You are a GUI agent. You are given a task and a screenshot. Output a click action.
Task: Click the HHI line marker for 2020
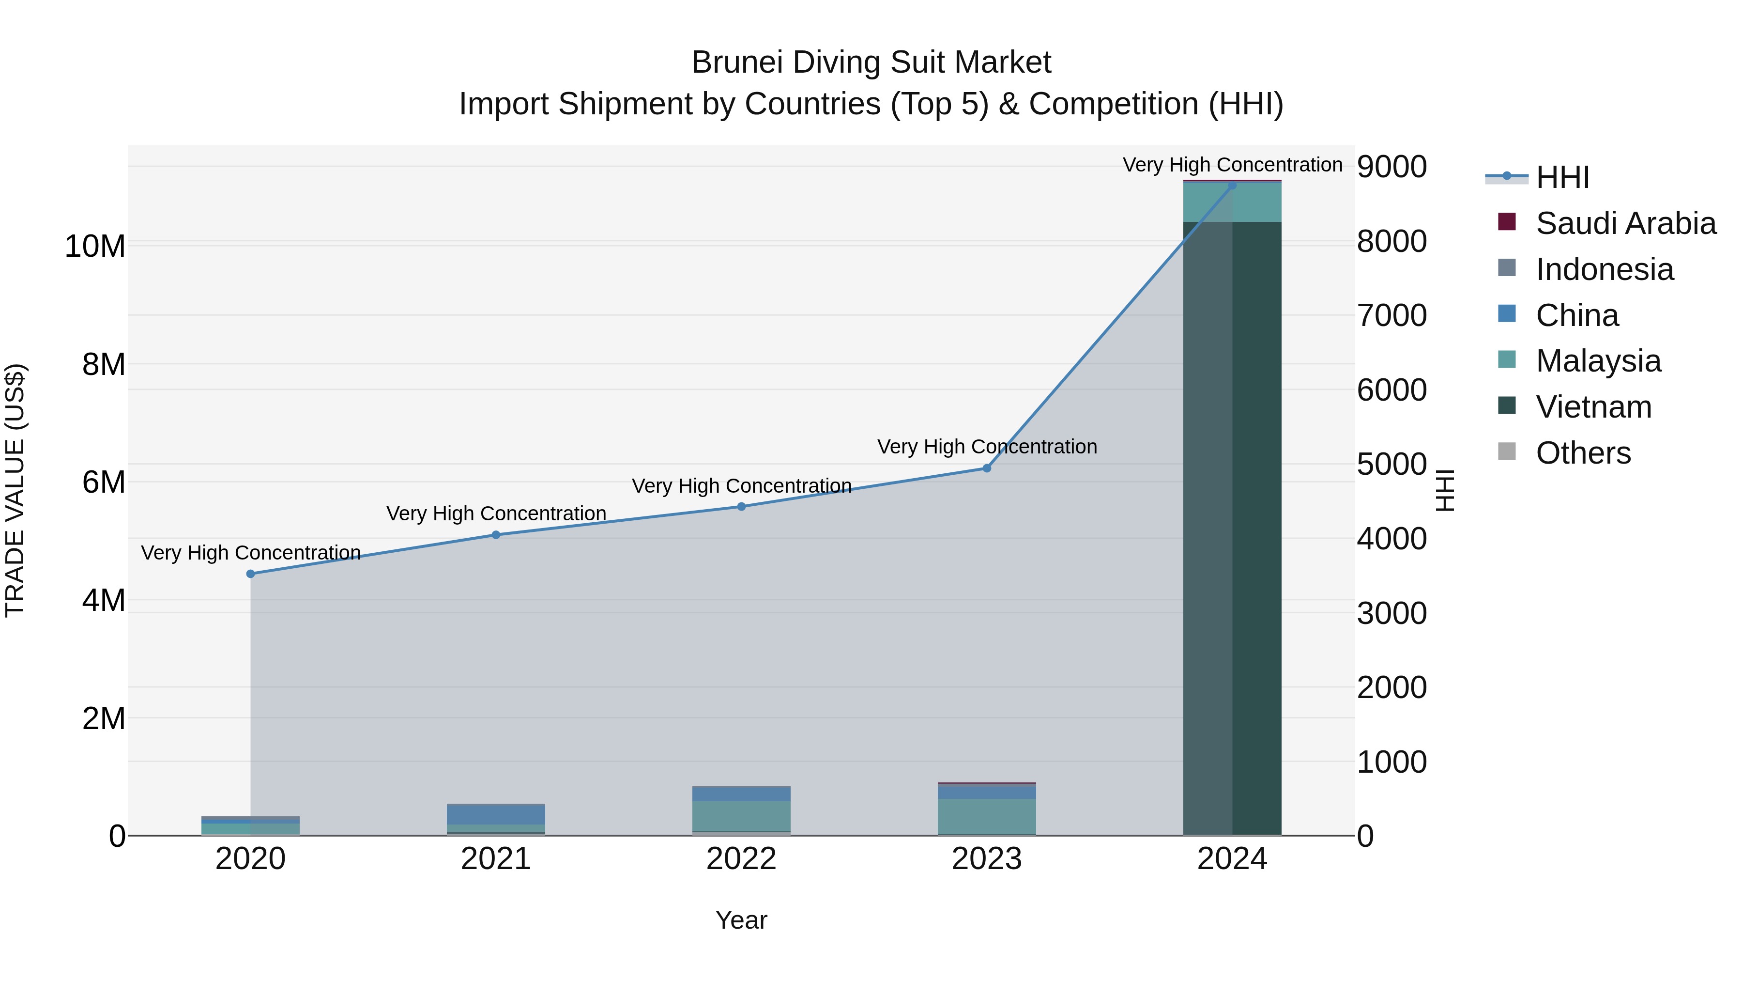pos(250,574)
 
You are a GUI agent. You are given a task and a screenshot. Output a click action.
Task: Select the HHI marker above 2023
pos(987,468)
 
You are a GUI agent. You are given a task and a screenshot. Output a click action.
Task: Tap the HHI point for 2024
pos(1232,186)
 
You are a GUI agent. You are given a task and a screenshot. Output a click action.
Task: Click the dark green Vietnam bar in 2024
pos(1232,528)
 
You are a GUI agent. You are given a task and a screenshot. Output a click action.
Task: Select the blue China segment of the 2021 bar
pos(496,814)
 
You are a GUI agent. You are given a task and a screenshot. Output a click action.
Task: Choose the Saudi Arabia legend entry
pos(1625,223)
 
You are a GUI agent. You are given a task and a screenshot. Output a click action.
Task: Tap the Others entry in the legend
pos(1583,453)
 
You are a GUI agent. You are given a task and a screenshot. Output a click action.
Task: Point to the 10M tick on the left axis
pos(95,246)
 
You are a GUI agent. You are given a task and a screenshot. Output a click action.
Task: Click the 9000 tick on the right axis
pos(1392,167)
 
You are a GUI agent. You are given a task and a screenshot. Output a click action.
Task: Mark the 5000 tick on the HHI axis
pos(1392,465)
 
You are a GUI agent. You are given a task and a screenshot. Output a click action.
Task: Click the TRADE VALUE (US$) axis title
pos(15,490)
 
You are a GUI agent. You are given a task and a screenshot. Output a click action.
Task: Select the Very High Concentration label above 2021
pos(496,514)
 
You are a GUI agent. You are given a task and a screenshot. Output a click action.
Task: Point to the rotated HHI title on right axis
pos(1445,490)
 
